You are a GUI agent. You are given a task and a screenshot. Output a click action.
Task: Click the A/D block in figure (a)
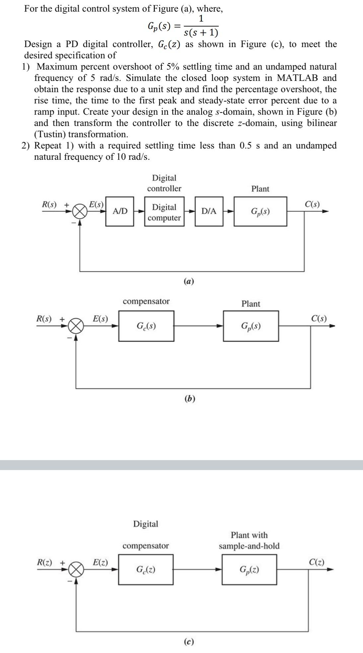[120, 211]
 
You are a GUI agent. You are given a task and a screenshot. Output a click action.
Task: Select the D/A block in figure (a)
[209, 211]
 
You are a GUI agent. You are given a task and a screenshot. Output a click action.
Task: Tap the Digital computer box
[164, 212]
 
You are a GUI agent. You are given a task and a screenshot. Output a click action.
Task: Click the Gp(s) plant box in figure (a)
[260, 211]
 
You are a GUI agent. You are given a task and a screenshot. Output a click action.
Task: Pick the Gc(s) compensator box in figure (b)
[146, 326]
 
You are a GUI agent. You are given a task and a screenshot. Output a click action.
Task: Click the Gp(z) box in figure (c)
[249, 570]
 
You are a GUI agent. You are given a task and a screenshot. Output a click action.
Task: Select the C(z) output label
[317, 562]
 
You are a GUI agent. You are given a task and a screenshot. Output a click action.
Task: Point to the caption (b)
[189, 398]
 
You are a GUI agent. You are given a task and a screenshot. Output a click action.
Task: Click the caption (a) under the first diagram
[189, 281]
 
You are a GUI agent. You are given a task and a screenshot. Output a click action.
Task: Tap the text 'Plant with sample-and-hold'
[249, 540]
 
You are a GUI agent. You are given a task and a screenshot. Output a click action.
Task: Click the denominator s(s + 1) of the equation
[201, 32]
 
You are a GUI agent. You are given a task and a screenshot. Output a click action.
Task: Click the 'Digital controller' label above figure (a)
[164, 183]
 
